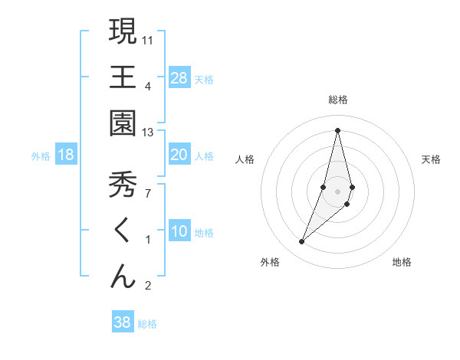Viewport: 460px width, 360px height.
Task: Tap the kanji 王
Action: coord(123,77)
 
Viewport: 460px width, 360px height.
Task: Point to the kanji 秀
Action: coord(123,185)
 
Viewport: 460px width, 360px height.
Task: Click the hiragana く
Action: coord(123,231)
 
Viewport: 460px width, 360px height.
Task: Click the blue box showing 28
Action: coord(179,78)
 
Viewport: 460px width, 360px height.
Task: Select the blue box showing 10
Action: coord(179,232)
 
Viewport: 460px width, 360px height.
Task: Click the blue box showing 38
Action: coord(123,322)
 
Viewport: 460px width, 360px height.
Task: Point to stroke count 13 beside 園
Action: coord(148,133)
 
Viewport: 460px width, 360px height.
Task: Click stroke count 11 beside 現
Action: coord(148,39)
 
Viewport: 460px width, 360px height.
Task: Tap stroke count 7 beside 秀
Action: coord(148,193)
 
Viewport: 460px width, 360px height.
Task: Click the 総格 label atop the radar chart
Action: coord(338,100)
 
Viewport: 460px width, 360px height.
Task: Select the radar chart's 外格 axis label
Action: coord(270,262)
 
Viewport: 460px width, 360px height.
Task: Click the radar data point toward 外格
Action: coord(302,242)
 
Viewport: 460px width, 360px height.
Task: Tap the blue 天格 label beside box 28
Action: coord(204,79)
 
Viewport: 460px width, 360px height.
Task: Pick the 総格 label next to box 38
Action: coord(147,324)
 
